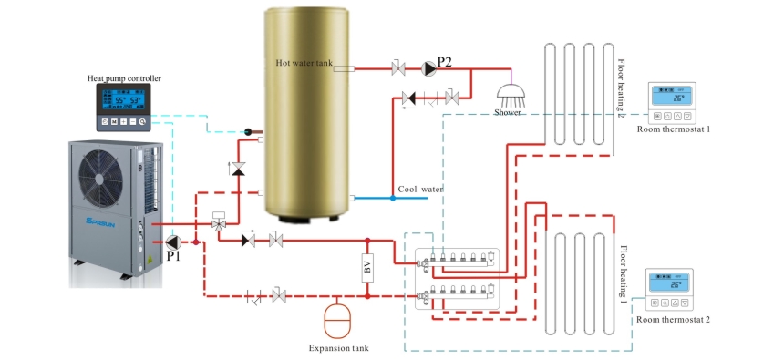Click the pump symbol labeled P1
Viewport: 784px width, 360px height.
tap(174, 242)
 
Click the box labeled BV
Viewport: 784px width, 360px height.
tap(367, 269)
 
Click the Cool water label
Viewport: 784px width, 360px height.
tap(420, 189)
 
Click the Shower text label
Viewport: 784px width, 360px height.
tap(508, 112)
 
